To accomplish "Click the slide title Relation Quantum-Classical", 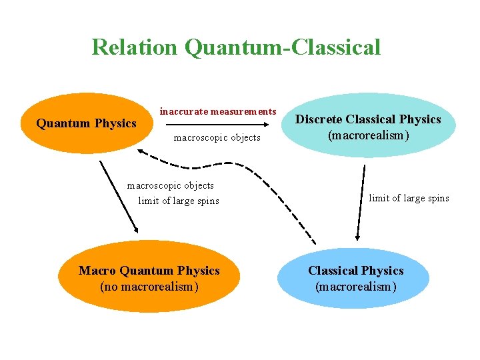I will click(236, 47).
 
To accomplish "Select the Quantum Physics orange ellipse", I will click(86, 123).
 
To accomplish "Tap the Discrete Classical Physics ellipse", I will click(368, 126).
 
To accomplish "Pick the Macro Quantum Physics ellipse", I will click(149, 279).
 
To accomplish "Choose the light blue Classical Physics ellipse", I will click(355, 279).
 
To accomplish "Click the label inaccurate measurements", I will click(217, 111).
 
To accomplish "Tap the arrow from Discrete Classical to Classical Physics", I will click(361, 201).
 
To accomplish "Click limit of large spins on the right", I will click(409, 198).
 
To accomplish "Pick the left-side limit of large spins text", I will click(178, 201).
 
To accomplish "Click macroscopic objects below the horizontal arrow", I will click(217, 138).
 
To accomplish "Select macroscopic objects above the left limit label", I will click(171, 185).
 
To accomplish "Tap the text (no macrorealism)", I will click(149, 287).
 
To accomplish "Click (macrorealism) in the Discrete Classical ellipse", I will click(368, 135).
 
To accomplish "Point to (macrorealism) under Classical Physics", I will click(355, 287).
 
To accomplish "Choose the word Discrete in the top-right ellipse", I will click(319, 119).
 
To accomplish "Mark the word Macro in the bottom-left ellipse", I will click(97, 271).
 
